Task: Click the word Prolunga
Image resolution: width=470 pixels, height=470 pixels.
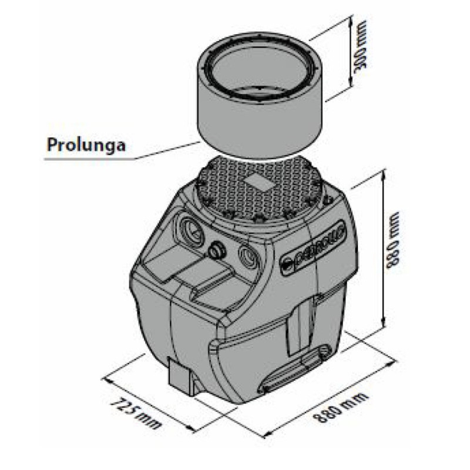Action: click(85, 145)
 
